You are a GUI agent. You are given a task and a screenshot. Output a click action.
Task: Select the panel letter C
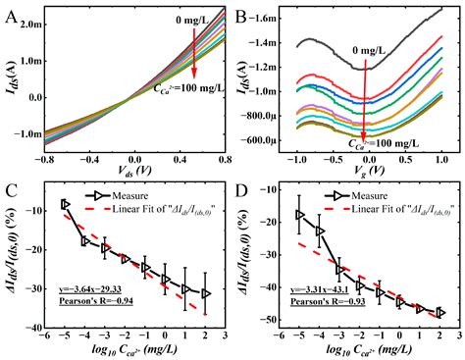pos(11,193)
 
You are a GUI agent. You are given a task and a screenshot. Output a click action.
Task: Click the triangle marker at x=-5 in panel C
pos(65,204)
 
